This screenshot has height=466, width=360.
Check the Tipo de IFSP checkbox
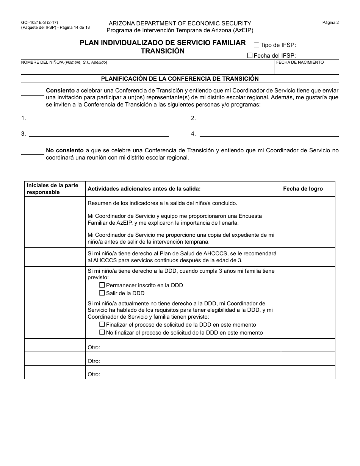257,45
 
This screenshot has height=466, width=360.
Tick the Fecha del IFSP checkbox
250,55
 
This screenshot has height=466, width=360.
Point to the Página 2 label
330,22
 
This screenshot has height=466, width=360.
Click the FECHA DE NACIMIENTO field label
300,62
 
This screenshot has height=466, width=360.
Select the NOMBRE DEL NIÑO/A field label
64,62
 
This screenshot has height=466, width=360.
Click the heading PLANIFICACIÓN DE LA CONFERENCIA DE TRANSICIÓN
180,79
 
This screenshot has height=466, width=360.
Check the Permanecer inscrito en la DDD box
102,285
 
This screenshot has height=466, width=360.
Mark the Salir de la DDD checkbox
102,293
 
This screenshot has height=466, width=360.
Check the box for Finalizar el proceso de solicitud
102,324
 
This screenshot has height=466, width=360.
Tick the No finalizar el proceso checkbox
102,332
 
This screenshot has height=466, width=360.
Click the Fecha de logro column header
303,189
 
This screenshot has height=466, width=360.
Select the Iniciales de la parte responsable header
52,189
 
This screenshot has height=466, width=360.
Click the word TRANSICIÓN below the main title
163,51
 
